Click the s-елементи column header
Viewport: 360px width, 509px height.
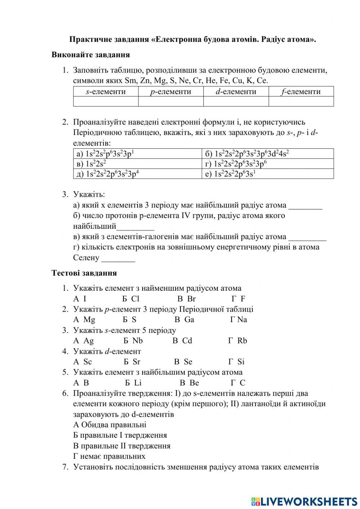click(106, 91)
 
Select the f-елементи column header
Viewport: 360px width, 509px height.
click(301, 91)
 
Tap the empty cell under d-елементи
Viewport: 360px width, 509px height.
click(236, 102)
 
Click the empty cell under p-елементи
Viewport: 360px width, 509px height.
click(171, 102)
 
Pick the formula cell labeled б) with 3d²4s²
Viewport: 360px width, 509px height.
click(267, 154)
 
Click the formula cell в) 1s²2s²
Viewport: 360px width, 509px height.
click(137, 164)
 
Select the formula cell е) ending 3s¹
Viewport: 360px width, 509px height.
click(267, 174)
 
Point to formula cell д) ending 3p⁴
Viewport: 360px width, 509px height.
click(137, 174)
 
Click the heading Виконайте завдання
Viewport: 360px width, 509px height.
click(90, 55)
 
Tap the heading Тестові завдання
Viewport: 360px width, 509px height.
click(84, 273)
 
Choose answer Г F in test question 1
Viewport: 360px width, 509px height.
click(238, 299)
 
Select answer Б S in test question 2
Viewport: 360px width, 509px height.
click(129, 320)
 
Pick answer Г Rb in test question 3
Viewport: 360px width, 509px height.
click(238, 341)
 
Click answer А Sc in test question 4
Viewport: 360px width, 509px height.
click(83, 362)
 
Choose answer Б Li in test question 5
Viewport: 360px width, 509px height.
click(134, 383)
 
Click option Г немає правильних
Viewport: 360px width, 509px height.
click(109, 456)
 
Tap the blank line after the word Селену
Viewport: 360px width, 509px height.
click(118, 258)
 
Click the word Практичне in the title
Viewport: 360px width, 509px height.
click(87, 39)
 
